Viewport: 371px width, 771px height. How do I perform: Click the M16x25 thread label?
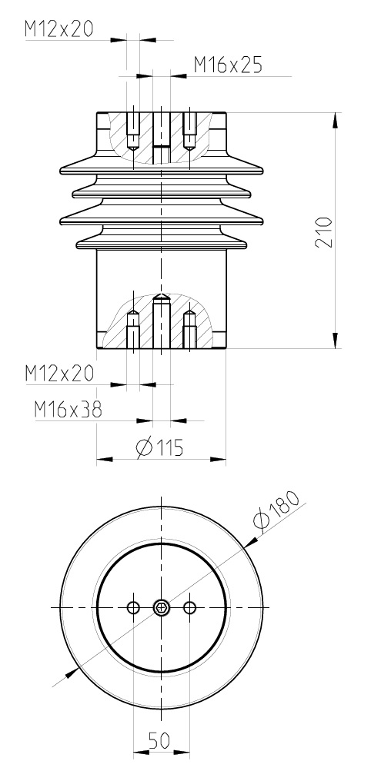click(227, 65)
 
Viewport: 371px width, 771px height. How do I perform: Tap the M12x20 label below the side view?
click(58, 374)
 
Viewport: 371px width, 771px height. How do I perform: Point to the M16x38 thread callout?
click(69, 410)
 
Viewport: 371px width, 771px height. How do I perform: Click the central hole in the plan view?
click(161, 607)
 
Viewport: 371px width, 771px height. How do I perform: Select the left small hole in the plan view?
click(133, 607)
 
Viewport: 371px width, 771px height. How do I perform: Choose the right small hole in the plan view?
click(189, 607)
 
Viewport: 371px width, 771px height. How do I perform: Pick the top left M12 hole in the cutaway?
click(133, 131)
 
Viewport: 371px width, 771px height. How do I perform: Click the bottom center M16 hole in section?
click(161, 323)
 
